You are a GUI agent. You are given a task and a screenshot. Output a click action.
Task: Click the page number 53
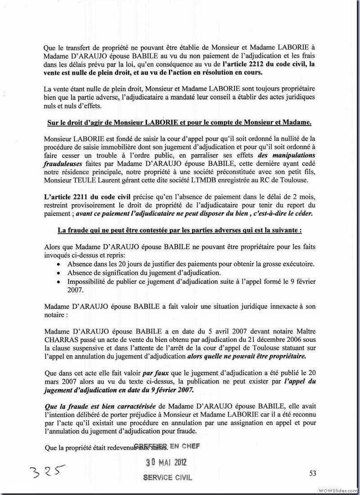[x=313, y=472]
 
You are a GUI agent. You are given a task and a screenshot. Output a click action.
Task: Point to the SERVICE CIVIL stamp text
[x=167, y=477]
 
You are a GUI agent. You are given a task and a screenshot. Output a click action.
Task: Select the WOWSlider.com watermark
[x=336, y=490]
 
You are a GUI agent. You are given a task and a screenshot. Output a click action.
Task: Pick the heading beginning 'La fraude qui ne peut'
[x=180, y=230]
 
